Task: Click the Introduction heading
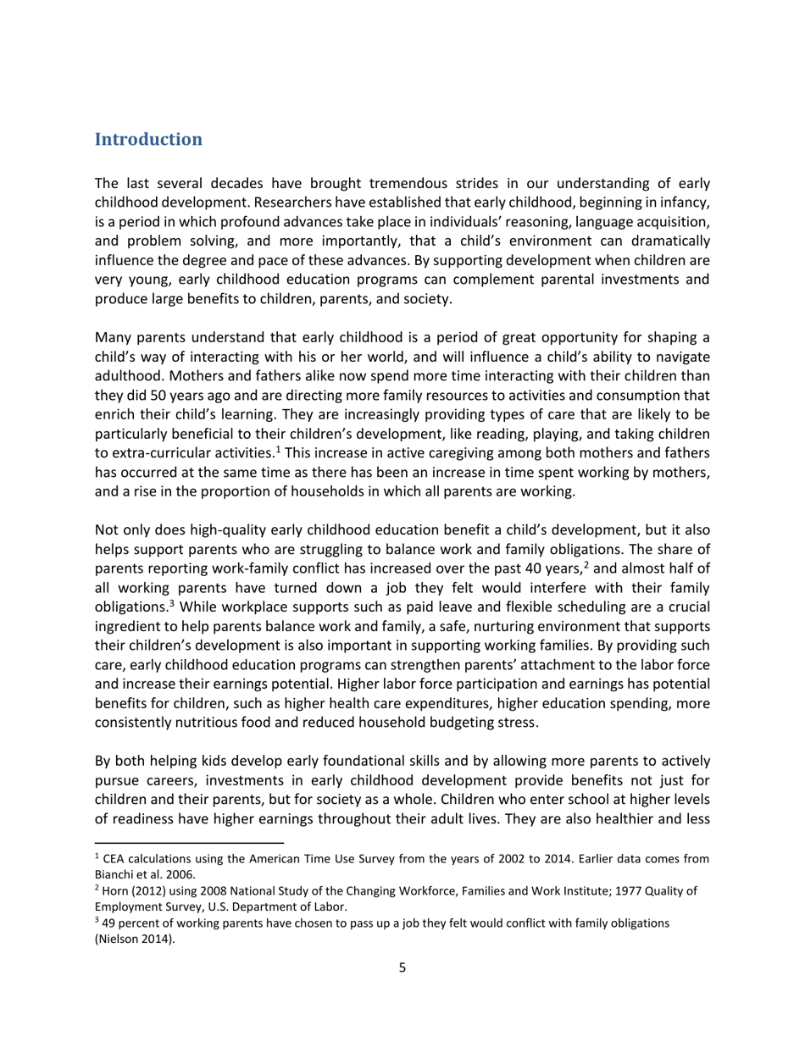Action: click(148, 139)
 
